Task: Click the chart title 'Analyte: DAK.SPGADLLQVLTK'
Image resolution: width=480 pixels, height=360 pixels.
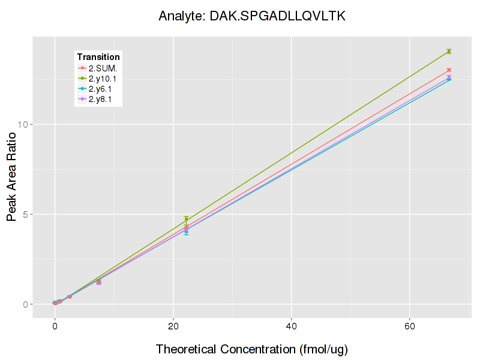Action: point(252,16)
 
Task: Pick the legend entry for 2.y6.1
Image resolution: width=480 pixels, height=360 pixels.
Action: point(98,89)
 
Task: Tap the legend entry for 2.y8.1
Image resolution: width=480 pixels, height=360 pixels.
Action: point(98,99)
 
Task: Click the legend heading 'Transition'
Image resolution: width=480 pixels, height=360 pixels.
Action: point(98,57)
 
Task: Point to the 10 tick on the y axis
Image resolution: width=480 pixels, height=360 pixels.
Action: point(24,125)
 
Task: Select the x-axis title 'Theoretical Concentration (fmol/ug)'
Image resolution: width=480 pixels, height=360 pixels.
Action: point(252,349)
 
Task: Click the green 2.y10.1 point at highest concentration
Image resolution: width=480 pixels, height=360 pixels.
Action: point(449,51)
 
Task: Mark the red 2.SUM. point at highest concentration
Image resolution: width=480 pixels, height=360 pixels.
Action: point(449,70)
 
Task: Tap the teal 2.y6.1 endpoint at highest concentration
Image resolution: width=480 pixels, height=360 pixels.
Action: point(449,79)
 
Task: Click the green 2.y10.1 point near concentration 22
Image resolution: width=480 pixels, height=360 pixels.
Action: point(186,220)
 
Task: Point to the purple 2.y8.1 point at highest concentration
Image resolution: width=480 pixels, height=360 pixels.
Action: point(449,77)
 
